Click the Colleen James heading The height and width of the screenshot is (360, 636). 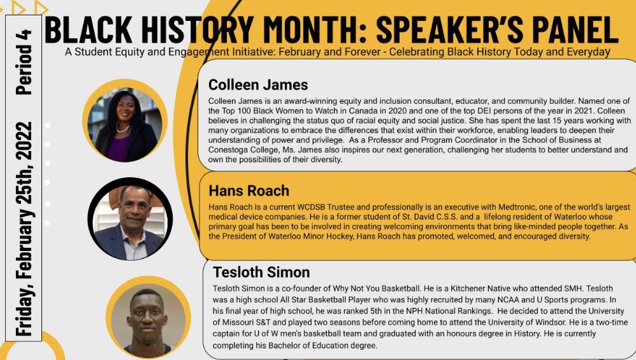[x=258, y=85]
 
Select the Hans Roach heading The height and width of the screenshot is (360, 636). [x=249, y=191]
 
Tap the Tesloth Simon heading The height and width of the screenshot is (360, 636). [x=261, y=273]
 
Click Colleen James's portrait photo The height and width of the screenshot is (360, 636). [x=126, y=120]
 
